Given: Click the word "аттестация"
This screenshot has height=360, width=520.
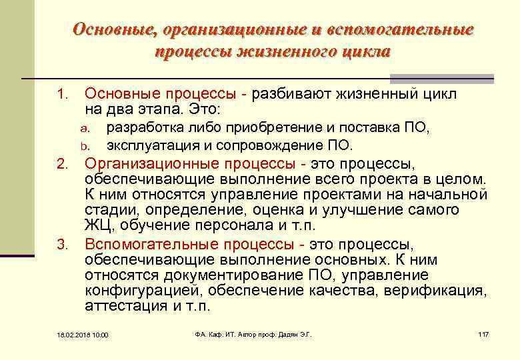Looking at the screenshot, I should click(124, 306).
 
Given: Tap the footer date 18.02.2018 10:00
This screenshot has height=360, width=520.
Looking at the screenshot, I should click(82, 335).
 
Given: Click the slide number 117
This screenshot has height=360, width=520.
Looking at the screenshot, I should click(484, 334).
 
